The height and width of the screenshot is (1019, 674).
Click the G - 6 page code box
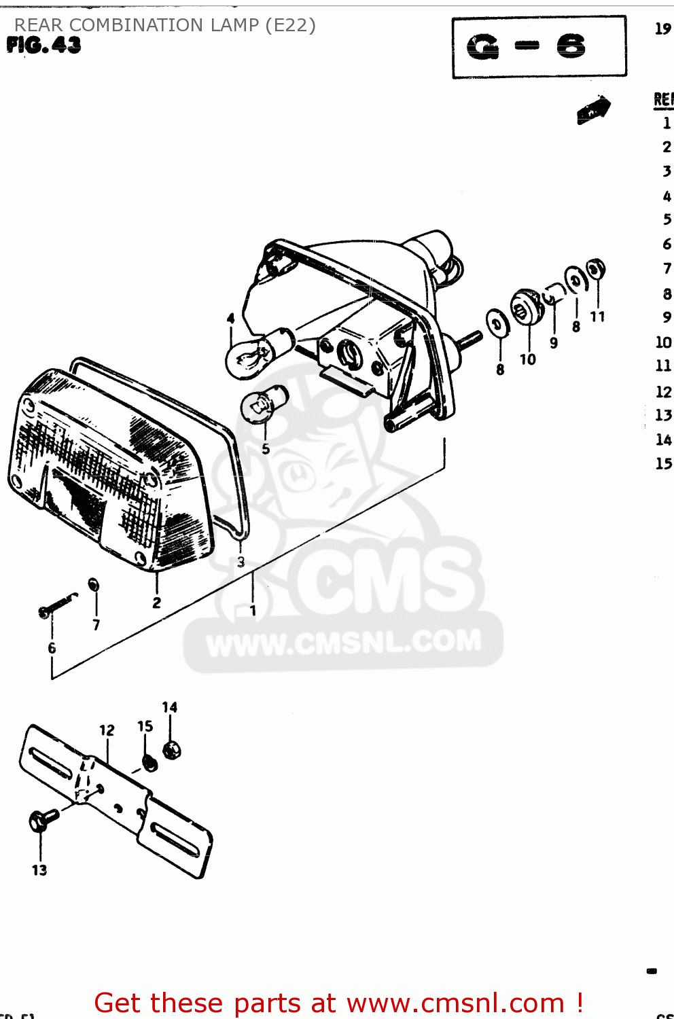(539, 47)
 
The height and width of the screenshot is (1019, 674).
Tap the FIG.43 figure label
(44, 46)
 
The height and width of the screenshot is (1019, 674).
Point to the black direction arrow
(593, 109)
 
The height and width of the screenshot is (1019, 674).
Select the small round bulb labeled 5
(264, 404)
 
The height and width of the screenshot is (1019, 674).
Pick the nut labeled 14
(172, 750)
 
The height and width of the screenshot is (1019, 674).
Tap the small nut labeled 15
(149, 762)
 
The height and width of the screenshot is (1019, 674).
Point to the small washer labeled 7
(94, 584)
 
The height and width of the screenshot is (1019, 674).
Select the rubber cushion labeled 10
(527, 308)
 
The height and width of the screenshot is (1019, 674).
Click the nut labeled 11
(596, 269)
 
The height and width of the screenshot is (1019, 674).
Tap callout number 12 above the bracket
(107, 730)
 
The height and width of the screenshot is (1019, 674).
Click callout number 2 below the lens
(157, 603)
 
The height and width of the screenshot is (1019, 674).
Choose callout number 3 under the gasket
(241, 562)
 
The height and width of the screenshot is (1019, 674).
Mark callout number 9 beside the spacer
(554, 343)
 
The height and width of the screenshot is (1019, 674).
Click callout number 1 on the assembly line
(253, 611)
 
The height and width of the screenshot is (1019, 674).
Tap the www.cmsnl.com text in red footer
(456, 1003)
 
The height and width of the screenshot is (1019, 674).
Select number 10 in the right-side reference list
(663, 342)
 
